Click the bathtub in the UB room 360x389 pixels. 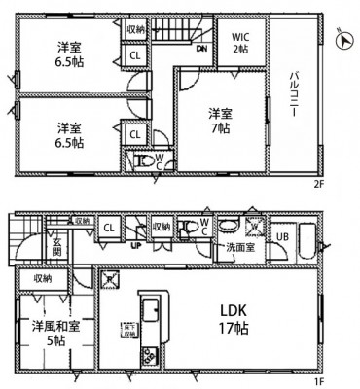coord(307,239)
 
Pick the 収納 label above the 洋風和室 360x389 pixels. coord(41,279)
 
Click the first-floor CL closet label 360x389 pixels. coord(108,229)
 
